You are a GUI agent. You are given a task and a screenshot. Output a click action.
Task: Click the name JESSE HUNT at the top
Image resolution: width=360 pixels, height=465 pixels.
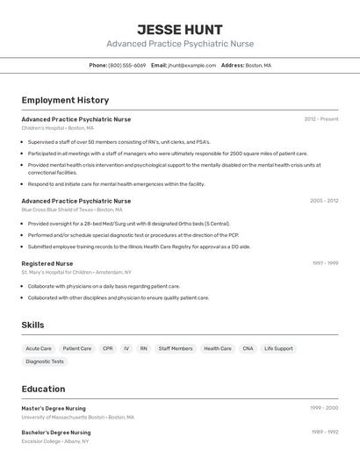click(180, 30)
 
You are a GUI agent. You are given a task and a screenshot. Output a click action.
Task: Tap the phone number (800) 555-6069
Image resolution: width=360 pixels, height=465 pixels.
click(127, 65)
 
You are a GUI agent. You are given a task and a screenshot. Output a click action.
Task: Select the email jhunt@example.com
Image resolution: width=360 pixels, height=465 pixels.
click(191, 65)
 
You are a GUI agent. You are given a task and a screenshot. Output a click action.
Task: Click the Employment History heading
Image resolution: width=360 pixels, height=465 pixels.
click(65, 100)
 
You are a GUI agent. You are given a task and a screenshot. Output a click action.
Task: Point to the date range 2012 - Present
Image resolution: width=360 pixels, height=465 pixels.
click(320, 118)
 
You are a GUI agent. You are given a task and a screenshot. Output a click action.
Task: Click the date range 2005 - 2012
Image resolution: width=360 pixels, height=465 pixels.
click(323, 200)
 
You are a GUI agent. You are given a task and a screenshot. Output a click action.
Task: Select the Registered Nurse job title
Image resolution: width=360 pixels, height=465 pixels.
click(47, 263)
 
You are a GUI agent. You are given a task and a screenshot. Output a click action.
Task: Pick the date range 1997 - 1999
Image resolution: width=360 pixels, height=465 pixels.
click(325, 263)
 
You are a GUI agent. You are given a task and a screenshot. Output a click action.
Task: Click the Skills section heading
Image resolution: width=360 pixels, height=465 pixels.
click(32, 325)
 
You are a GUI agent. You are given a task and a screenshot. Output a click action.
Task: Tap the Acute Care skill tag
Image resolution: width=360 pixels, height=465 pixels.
click(39, 348)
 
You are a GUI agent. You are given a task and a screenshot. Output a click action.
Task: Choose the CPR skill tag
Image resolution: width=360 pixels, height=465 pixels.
click(107, 348)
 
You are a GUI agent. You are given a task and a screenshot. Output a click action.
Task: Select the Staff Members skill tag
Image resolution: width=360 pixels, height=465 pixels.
click(176, 348)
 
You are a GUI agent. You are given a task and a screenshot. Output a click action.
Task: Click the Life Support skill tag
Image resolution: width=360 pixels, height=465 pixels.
click(278, 348)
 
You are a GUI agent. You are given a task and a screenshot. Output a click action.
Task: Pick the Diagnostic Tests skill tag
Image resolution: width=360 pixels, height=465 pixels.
click(45, 361)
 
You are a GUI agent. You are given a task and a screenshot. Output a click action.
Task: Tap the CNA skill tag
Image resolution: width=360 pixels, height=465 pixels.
click(248, 348)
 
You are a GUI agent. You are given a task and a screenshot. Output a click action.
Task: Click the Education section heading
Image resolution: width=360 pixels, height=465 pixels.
click(43, 389)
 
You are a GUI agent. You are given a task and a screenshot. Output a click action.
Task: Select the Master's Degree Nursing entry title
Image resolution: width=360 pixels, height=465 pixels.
click(54, 408)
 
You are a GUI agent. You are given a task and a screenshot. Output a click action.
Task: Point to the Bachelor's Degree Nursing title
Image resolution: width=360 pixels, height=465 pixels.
click(56, 432)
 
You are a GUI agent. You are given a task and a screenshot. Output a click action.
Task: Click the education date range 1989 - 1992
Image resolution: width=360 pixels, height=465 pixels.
click(324, 432)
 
